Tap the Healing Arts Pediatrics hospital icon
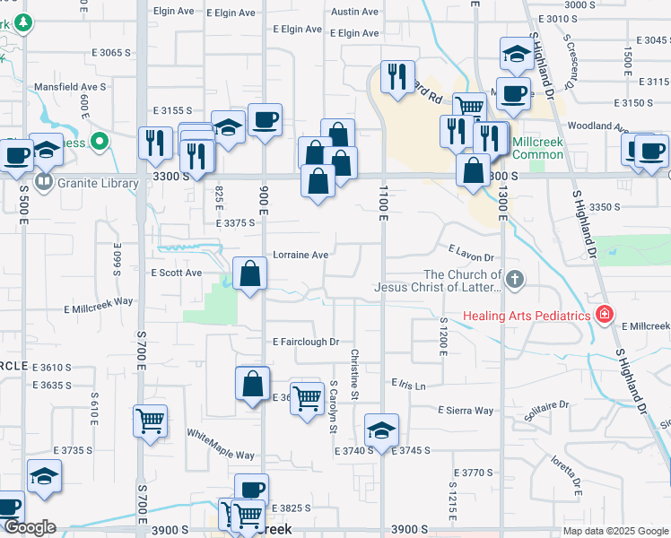click(605, 315)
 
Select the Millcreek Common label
click(538, 148)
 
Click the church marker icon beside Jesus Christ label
click(515, 280)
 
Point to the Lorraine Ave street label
click(301, 255)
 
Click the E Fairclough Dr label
click(306, 342)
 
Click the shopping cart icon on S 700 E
click(150, 420)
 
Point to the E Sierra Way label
click(466, 411)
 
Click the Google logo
click(30, 527)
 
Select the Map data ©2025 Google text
click(615, 531)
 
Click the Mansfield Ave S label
click(70, 87)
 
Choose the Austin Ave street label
click(355, 12)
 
